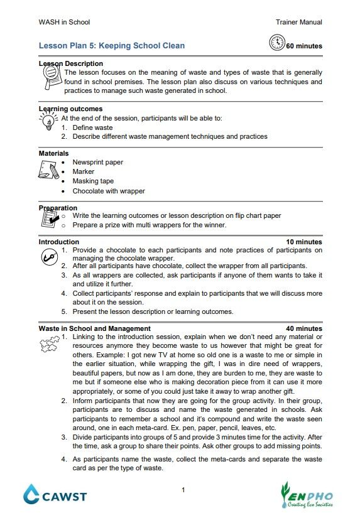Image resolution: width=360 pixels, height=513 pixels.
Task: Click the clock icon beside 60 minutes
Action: point(276,43)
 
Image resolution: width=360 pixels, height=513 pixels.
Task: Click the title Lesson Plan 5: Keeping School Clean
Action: point(112,46)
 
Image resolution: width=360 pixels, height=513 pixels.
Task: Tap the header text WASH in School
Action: point(64,22)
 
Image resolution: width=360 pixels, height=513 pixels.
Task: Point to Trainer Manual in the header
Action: point(298,22)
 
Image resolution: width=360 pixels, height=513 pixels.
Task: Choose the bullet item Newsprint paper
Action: point(97,162)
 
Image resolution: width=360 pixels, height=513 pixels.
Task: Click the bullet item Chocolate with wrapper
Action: point(108,191)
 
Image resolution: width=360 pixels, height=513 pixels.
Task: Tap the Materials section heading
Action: point(54,153)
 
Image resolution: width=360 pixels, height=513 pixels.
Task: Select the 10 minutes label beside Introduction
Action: point(304,242)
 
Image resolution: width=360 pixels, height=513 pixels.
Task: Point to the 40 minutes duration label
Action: point(304,328)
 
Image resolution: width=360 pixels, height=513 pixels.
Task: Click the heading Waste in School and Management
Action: point(94,328)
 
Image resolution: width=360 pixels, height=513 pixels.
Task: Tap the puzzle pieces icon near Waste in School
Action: point(48,344)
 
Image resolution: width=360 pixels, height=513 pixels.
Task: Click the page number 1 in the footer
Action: point(183,490)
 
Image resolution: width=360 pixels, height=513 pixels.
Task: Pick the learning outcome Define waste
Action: point(92,127)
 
